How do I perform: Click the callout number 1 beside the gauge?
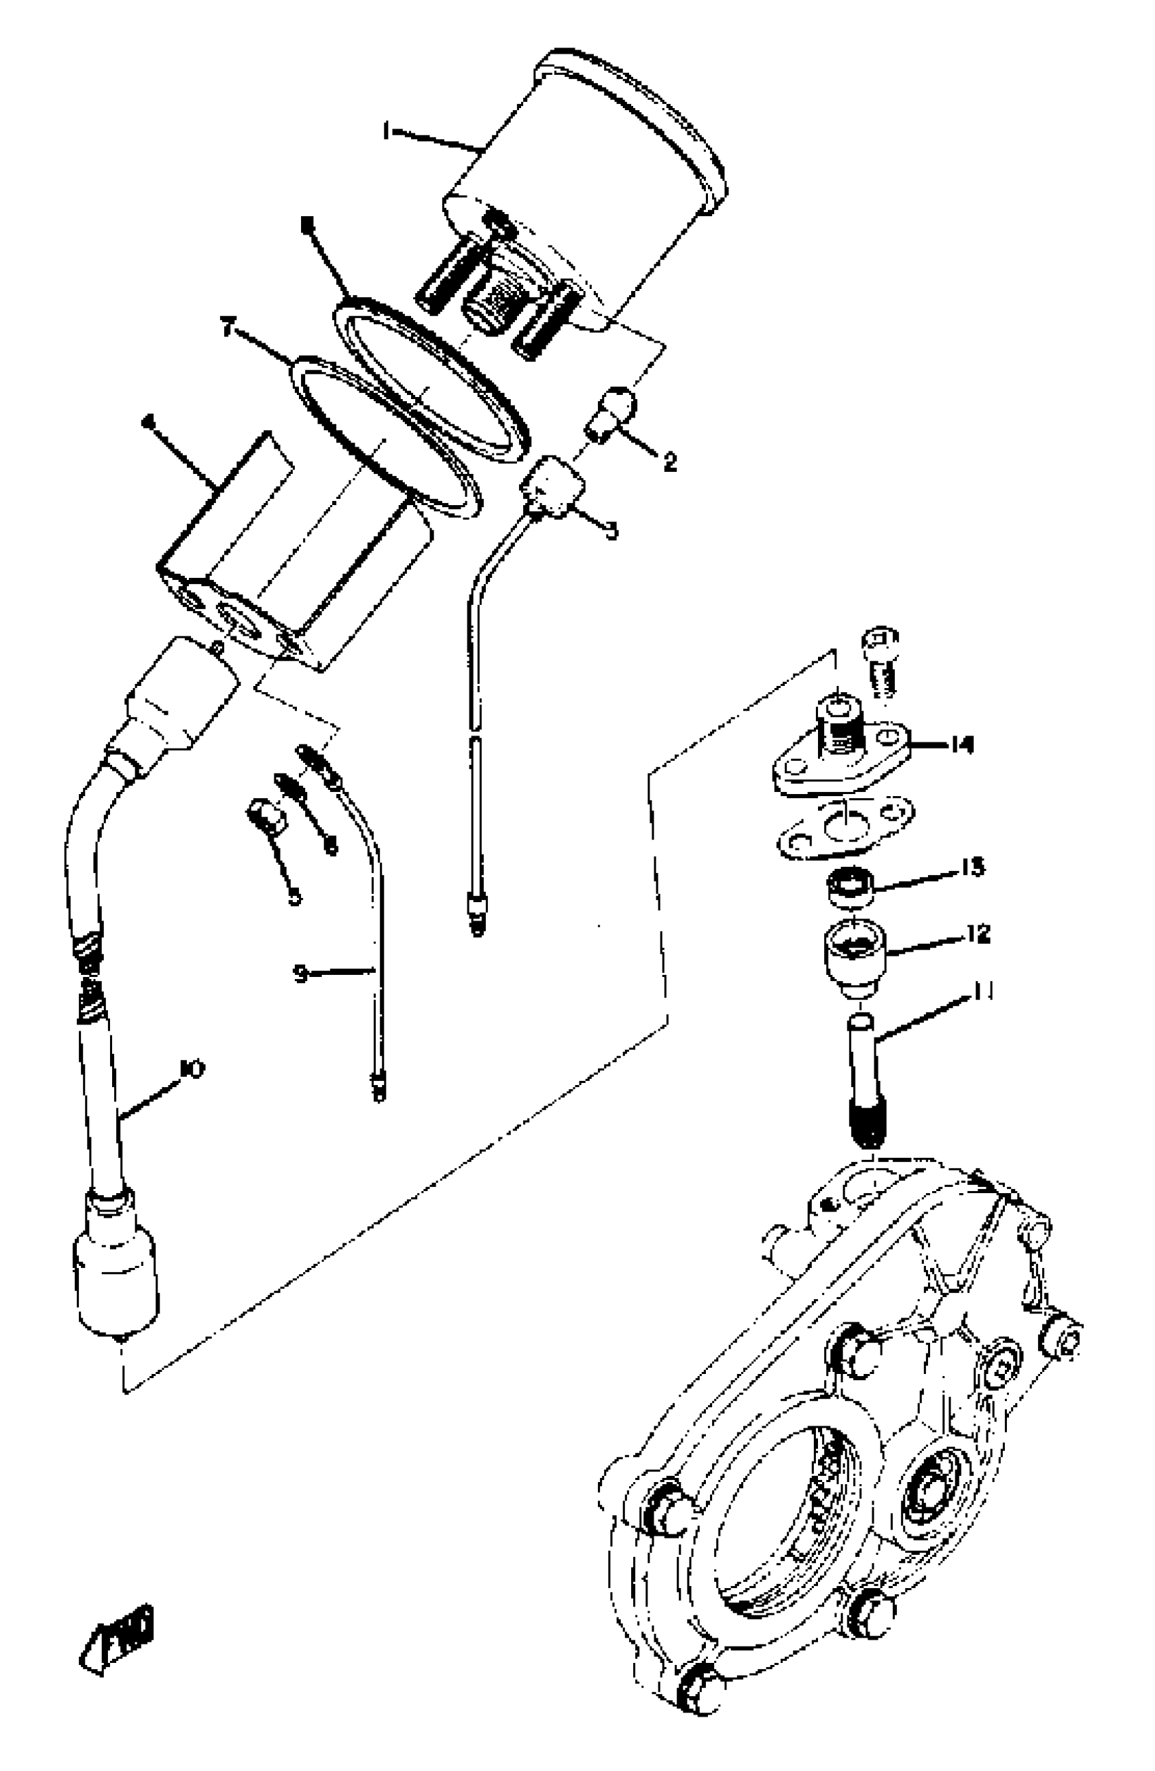coord(386,133)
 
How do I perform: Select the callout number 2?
coord(670,462)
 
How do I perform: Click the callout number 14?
coord(961,744)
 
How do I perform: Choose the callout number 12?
coord(980,933)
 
